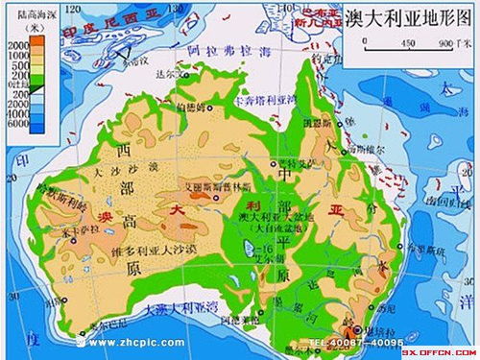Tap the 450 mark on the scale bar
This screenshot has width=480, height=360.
point(407,43)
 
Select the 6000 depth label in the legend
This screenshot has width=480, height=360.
point(17,124)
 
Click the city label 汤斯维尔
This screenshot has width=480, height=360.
point(365,150)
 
